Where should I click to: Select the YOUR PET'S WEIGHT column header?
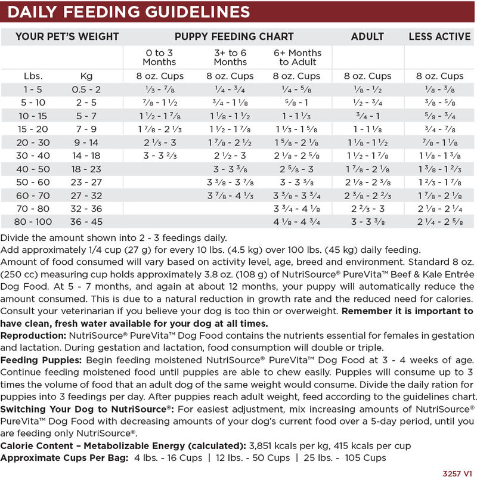pyautogui.click(x=67, y=36)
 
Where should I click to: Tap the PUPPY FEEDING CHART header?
pyautogui.click(x=234, y=36)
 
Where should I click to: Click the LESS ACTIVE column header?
pyautogui.click(x=439, y=36)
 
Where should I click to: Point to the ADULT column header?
pyautogui.click(x=367, y=36)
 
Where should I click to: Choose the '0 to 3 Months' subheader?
pyautogui.click(x=159, y=57)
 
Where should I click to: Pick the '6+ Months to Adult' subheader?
pyautogui.click(x=296, y=57)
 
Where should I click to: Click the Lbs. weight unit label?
pyautogui.click(x=33, y=76)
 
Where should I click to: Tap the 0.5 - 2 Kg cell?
pyautogui.click(x=86, y=89)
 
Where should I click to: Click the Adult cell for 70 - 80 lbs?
pyautogui.click(x=367, y=209)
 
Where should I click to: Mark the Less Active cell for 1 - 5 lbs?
pyautogui.click(x=439, y=89)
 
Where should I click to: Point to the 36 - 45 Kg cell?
pyautogui.click(x=86, y=222)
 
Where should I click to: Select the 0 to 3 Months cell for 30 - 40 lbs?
pyautogui.click(x=159, y=156)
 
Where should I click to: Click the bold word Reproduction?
pyautogui.click(x=33, y=336)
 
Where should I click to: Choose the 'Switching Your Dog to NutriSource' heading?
pyautogui.click(x=87, y=409)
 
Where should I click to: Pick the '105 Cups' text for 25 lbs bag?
pyautogui.click(x=366, y=458)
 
